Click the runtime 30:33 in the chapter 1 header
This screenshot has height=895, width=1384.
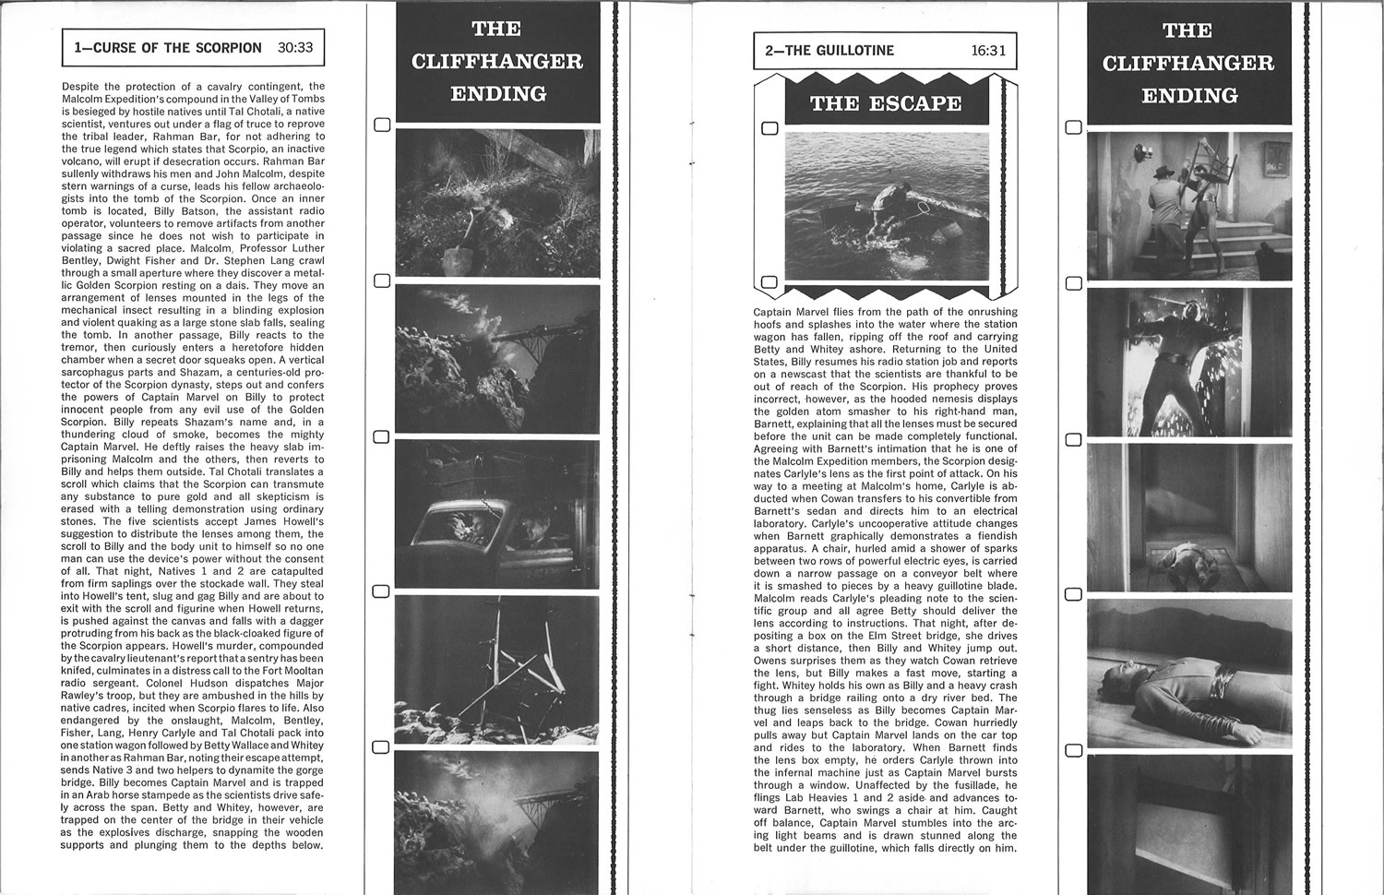pyautogui.click(x=294, y=48)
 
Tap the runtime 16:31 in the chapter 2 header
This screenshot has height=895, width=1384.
pyautogui.click(x=988, y=51)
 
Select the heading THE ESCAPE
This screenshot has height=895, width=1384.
pyautogui.click(x=886, y=103)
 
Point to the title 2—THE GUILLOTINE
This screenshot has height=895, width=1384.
pyautogui.click(x=829, y=51)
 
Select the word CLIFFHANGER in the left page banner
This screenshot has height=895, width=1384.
pyautogui.click(x=496, y=62)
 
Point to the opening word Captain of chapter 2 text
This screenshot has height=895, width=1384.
pyautogui.click(x=778, y=312)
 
